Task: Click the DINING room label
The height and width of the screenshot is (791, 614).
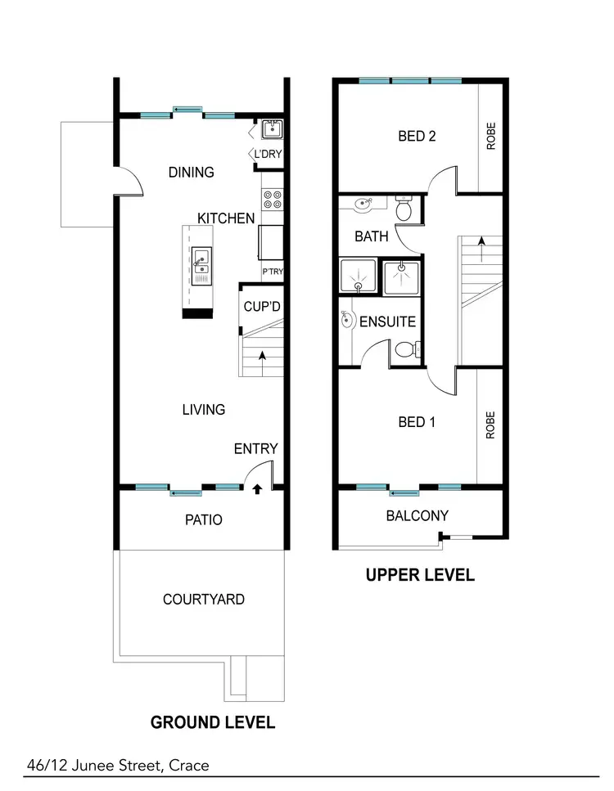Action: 191,172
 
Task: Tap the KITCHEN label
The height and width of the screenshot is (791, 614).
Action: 226,218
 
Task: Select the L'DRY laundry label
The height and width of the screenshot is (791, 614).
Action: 268,155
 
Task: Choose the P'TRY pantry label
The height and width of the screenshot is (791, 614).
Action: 272,272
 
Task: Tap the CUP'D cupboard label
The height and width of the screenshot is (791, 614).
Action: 263,307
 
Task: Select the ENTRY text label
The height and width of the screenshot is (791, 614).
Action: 255,449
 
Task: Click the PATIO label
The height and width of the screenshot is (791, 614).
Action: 203,519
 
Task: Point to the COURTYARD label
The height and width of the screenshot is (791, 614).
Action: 203,600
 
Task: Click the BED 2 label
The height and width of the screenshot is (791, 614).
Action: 417,136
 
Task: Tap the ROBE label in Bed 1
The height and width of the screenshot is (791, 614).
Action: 490,425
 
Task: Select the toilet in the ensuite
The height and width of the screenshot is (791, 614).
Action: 404,350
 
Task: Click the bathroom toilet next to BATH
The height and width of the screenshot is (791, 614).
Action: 404,209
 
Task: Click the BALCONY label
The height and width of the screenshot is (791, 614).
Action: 418,515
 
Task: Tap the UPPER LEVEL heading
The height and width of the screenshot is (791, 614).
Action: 419,575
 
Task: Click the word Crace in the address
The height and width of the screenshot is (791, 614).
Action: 189,766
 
